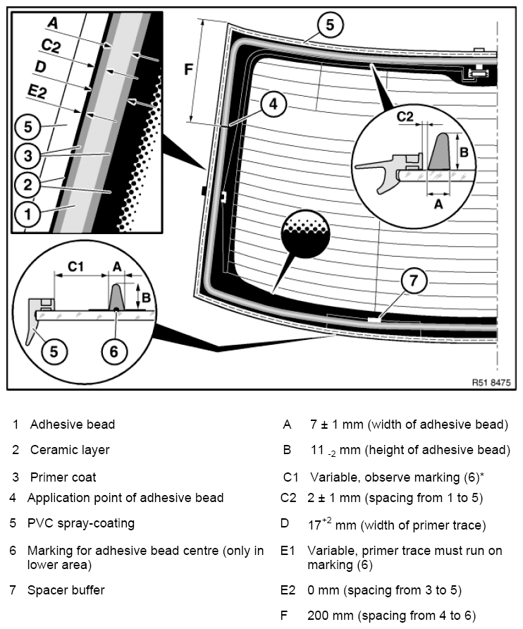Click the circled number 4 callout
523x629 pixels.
pyautogui.click(x=273, y=104)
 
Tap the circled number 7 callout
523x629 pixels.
pyautogui.click(x=414, y=280)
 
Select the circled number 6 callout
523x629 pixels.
pyautogui.click(x=114, y=351)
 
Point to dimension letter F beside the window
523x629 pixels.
pyautogui.click(x=188, y=69)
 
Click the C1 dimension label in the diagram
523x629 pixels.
pyautogui.click(x=75, y=267)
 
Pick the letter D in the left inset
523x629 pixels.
pyautogui.click(x=40, y=66)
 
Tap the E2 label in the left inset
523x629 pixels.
pyautogui.click(x=37, y=92)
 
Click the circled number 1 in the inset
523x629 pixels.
pyautogui.click(x=27, y=214)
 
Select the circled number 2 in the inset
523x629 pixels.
pyautogui.click(x=27, y=185)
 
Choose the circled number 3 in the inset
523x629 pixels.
pyautogui.click(x=27, y=155)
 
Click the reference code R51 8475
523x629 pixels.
pyautogui.click(x=491, y=382)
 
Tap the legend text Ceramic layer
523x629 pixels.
pyautogui.click(x=70, y=450)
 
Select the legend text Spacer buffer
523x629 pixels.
pyautogui.click(x=66, y=590)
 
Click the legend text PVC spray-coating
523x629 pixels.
pyautogui.click(x=81, y=523)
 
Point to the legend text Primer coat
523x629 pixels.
pyautogui.click(x=63, y=477)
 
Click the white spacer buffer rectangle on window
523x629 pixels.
pyautogui.click(x=374, y=319)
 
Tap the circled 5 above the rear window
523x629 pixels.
pyautogui.click(x=330, y=25)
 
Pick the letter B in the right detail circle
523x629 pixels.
pyautogui.click(x=464, y=152)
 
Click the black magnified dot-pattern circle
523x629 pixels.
pyautogui.click(x=306, y=234)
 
